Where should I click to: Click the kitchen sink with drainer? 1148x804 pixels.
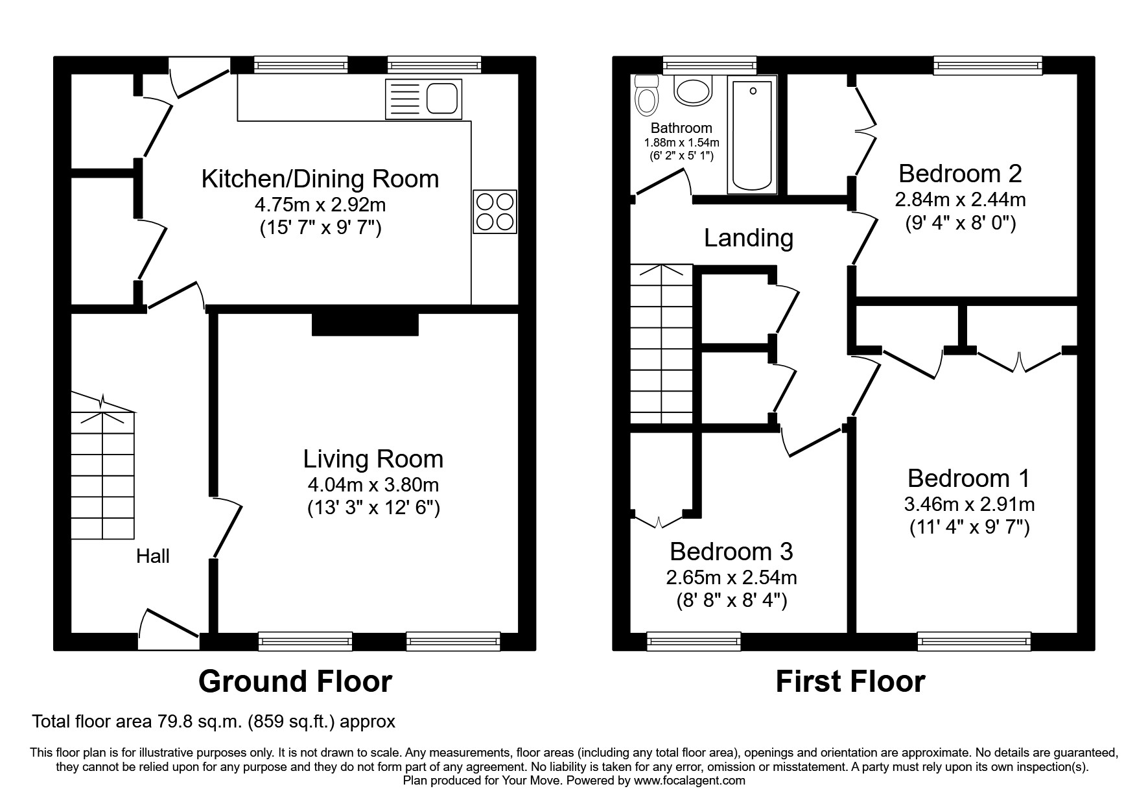[423, 99]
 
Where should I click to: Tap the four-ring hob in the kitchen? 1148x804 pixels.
[495, 211]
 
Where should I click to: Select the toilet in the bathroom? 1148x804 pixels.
[646, 95]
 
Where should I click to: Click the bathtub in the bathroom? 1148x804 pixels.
[752, 135]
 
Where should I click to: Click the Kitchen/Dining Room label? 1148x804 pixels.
[320, 179]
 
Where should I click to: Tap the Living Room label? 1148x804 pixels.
[373, 459]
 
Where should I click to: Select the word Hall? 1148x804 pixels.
[153, 556]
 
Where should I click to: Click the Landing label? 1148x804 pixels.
[749, 238]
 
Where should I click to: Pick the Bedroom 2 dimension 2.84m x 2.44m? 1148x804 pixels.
[960, 199]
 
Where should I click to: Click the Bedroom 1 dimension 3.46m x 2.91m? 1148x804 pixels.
[969, 504]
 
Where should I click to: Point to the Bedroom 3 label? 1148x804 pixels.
[731, 551]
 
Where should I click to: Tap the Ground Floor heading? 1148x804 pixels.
[295, 681]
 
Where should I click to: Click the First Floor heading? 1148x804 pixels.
[850, 681]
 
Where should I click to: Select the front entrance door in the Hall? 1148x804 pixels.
[169, 630]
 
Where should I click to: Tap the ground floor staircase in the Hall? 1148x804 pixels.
[102, 466]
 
